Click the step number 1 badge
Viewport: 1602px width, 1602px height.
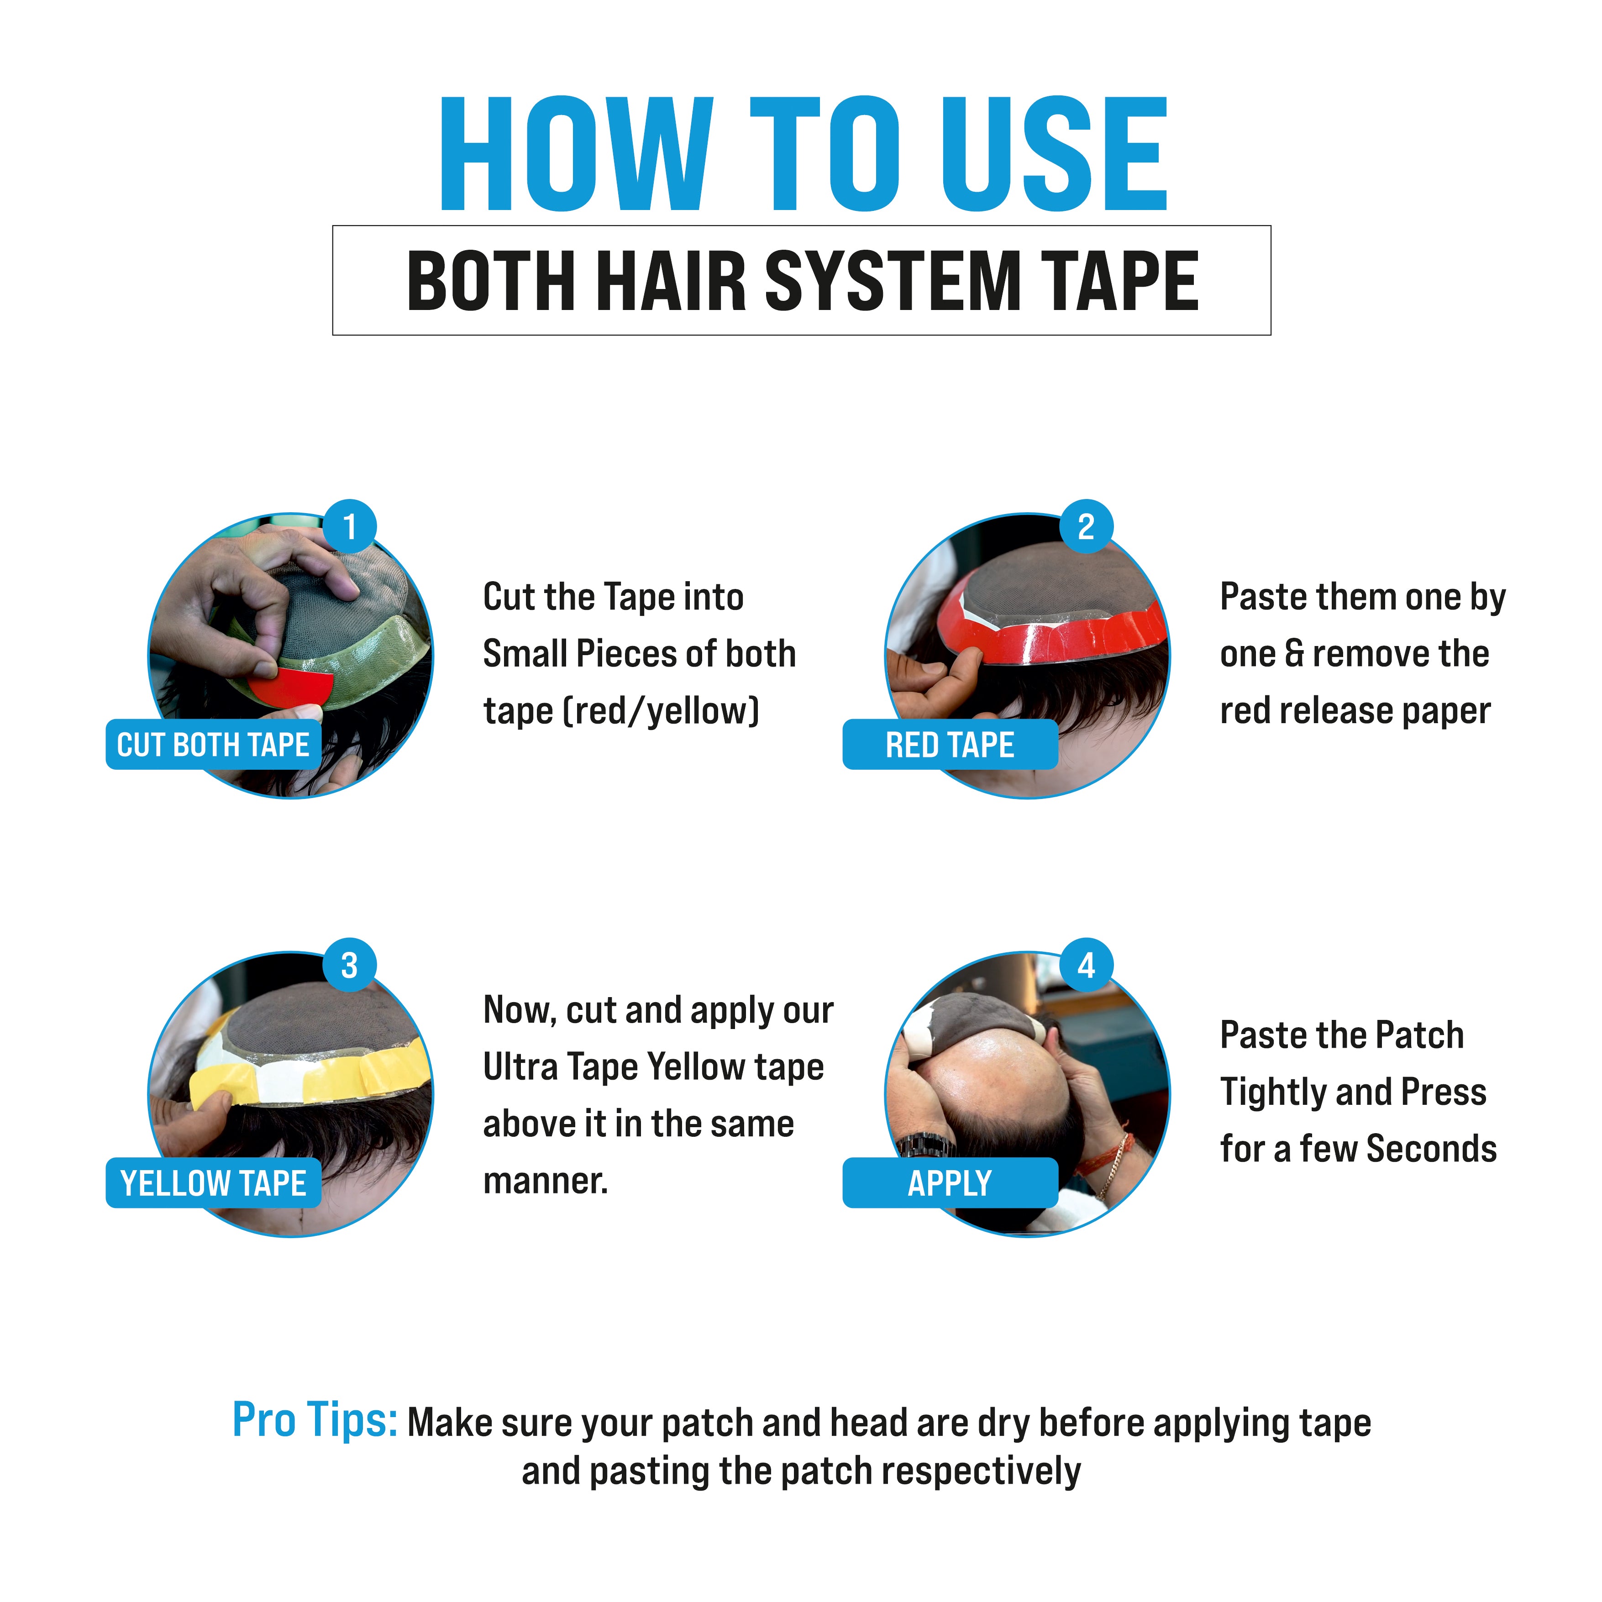[349, 526]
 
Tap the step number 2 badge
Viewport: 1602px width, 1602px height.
[1086, 526]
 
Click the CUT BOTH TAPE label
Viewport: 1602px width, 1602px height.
[213, 745]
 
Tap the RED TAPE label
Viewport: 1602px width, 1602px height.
[950, 745]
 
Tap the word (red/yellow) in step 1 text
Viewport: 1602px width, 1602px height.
[662, 711]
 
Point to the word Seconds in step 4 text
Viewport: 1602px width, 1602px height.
[1431, 1149]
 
